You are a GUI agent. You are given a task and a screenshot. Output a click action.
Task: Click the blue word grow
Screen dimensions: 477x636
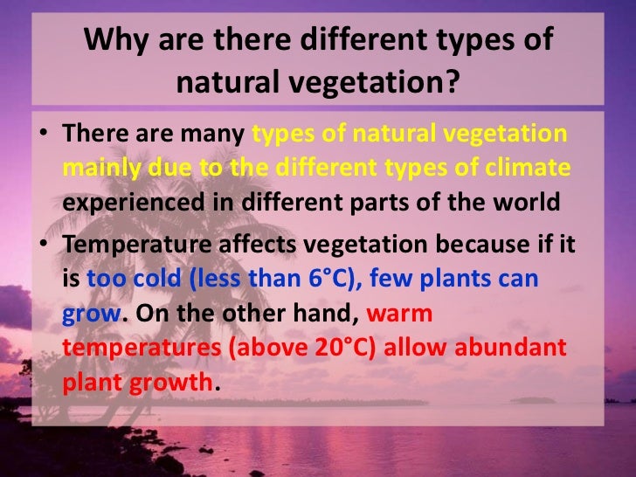(90, 314)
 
